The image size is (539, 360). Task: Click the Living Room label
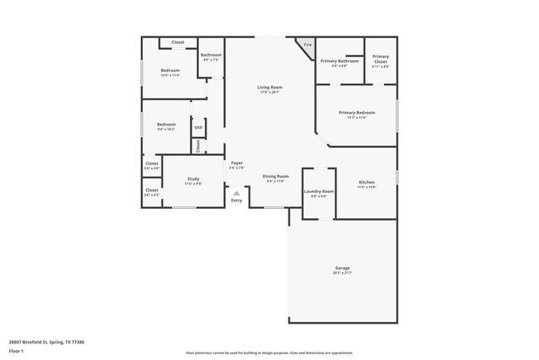tap(269, 87)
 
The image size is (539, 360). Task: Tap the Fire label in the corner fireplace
tap(307, 45)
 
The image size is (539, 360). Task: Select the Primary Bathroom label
tap(339, 61)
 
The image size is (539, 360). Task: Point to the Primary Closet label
tap(381, 58)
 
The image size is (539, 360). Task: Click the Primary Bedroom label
tap(357, 112)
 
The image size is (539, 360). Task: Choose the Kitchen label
tap(367, 182)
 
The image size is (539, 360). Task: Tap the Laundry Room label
tap(318, 191)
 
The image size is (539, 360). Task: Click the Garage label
tap(342, 268)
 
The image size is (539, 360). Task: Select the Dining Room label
tap(275, 177)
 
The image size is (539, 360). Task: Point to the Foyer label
tap(236, 163)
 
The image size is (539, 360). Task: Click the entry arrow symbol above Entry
tap(236, 192)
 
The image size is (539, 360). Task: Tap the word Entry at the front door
tap(236, 200)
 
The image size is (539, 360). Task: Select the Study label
tap(192, 178)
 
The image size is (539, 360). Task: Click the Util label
tap(198, 128)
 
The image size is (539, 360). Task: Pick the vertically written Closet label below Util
tap(198, 145)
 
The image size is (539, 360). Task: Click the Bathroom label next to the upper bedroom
tap(211, 55)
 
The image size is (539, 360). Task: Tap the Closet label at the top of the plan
tap(177, 42)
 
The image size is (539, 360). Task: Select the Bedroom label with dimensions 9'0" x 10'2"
tap(166, 124)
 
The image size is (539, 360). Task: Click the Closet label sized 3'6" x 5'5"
tap(152, 190)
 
